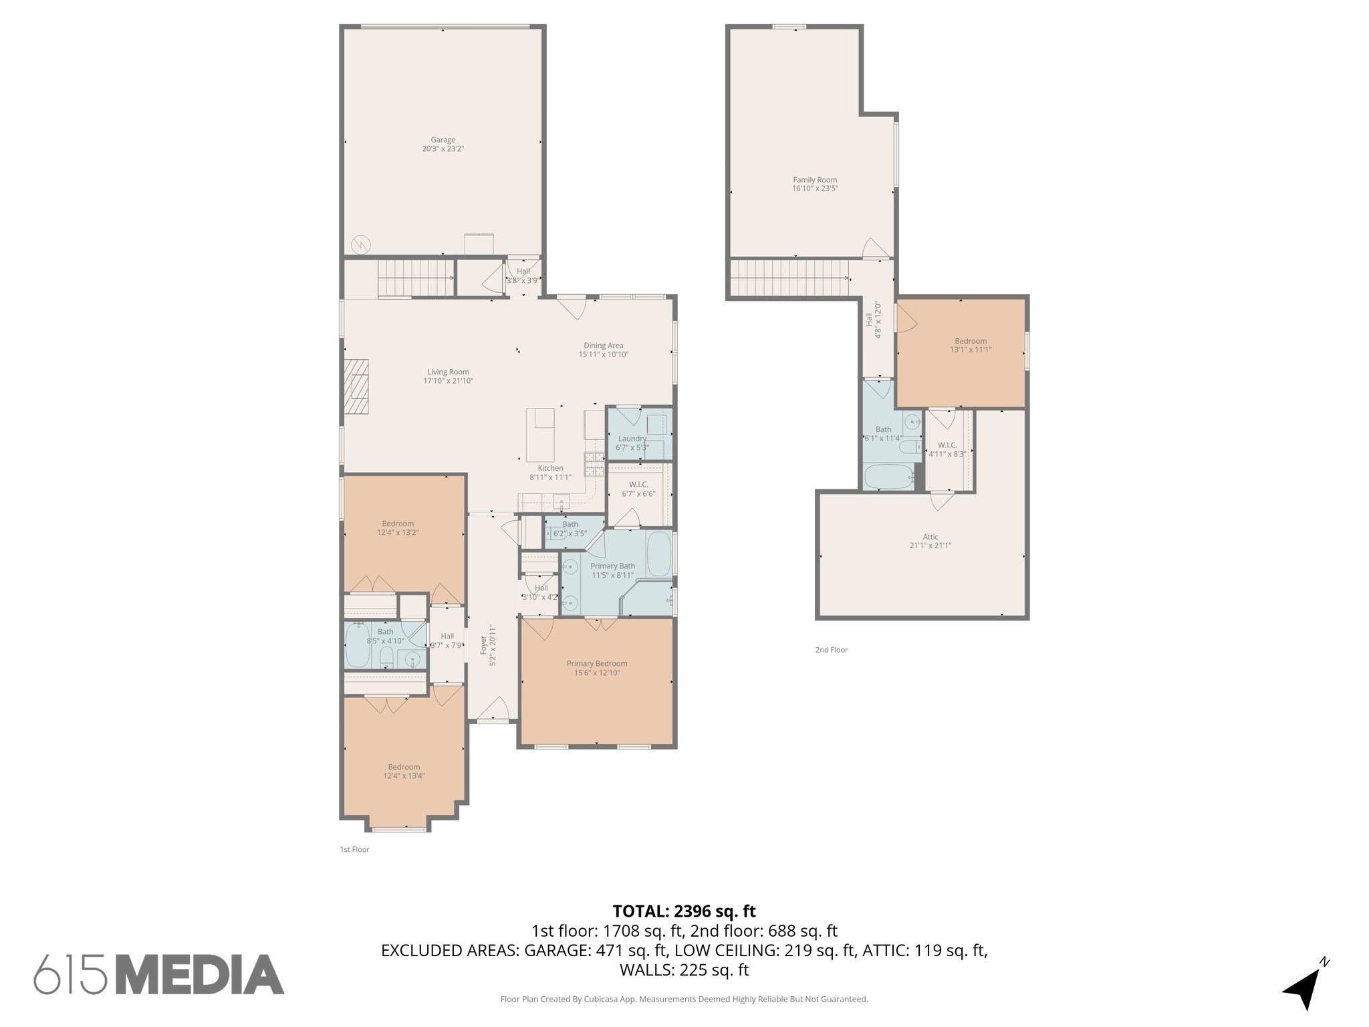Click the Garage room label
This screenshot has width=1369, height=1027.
pos(443,140)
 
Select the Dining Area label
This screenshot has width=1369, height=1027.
pos(603,346)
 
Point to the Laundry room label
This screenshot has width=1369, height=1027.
pos(632,439)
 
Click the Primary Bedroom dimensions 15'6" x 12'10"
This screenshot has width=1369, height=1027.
pos(597,673)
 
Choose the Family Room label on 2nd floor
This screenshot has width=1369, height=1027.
pos(815,180)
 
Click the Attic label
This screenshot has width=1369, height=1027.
pos(930,537)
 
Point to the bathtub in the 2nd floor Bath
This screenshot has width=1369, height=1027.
pos(888,477)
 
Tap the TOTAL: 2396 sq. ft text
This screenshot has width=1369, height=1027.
pos(684,911)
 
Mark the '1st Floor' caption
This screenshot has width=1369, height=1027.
pos(354,850)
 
